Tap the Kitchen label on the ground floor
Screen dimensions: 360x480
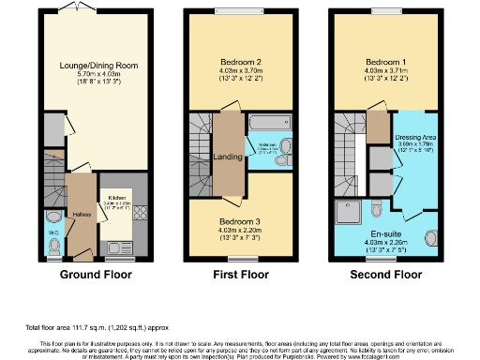pos(115,199)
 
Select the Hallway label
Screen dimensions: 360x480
pos(82,215)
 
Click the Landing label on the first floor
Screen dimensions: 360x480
pos(228,157)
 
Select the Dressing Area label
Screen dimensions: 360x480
pos(413,137)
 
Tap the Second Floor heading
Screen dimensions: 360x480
pos(384,276)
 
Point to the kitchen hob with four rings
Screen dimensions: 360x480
pos(138,213)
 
